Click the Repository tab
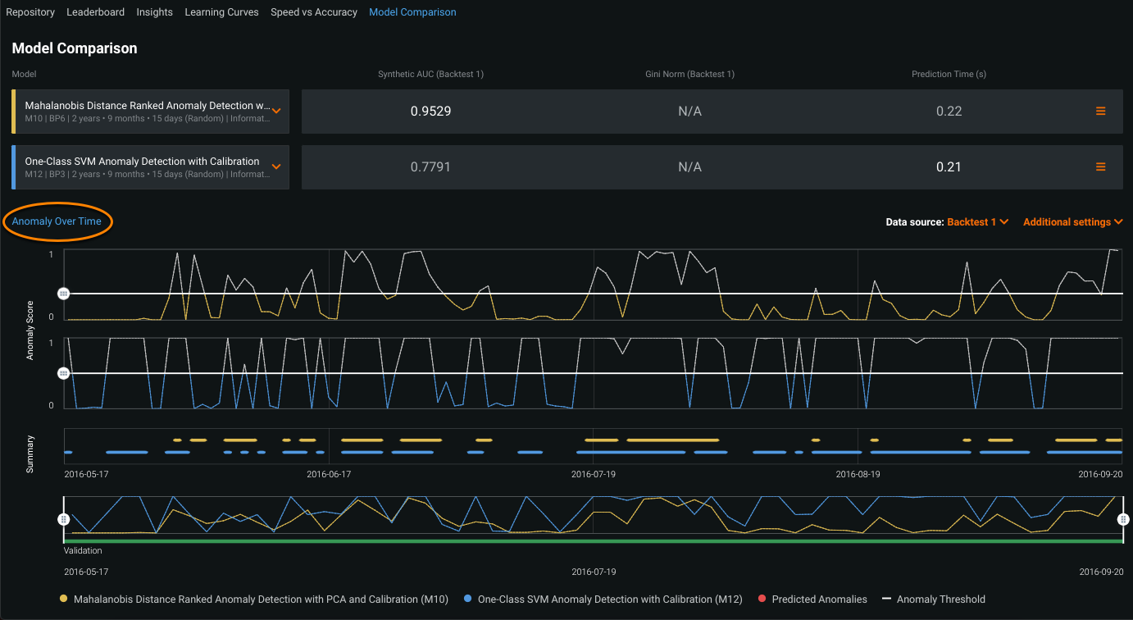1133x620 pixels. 30,12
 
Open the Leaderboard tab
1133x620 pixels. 96,12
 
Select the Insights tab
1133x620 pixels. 155,12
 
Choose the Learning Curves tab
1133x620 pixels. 221,12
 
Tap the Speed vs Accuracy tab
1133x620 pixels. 314,12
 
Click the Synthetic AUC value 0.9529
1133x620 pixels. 430,112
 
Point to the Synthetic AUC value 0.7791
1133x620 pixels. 430,167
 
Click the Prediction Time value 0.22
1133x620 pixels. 949,112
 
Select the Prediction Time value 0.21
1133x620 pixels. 949,167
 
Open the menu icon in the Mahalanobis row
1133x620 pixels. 1101,112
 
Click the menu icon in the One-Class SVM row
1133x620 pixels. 1101,167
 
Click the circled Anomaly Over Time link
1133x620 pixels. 57,221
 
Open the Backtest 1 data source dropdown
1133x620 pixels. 977,222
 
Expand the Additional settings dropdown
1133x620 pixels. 1072,222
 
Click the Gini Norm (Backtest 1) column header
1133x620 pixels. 689,75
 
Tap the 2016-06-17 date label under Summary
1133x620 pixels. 329,474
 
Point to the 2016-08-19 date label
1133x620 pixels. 858,474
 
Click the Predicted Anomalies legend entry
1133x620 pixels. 818,599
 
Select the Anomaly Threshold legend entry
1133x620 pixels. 940,599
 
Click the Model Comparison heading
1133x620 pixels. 75,48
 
